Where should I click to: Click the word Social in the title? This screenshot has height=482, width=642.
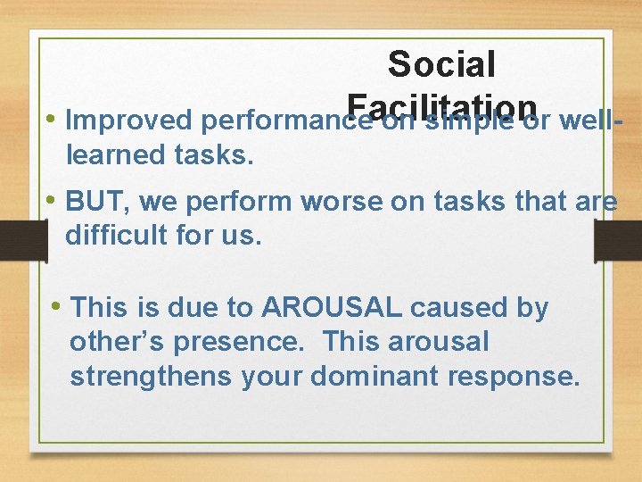click(441, 64)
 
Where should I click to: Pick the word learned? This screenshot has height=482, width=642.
click(111, 154)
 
